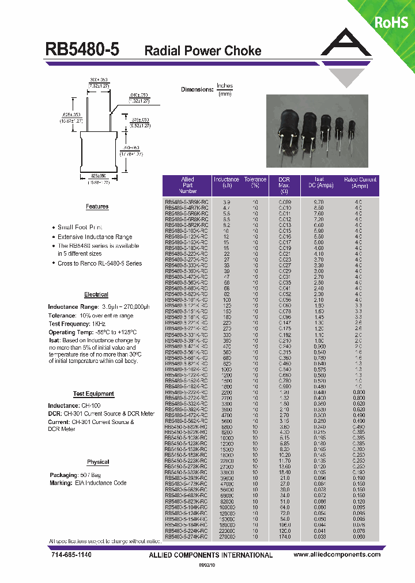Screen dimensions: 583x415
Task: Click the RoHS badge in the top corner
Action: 391,22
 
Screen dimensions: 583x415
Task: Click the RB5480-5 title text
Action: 82,50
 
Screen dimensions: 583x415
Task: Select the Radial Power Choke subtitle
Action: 202,51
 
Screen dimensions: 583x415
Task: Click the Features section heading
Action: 97,207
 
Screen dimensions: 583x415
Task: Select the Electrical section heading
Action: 96,294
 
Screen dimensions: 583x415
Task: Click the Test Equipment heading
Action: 93,394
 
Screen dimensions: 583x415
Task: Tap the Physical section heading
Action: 98,462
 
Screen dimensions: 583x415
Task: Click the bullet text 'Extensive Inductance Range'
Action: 95,237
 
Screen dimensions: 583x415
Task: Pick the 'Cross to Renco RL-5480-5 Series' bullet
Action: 99,263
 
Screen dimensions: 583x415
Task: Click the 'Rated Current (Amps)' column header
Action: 360,183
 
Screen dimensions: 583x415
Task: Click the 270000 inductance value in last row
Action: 227,537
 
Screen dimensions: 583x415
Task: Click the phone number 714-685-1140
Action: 68,555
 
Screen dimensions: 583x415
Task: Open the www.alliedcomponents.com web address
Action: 337,555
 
